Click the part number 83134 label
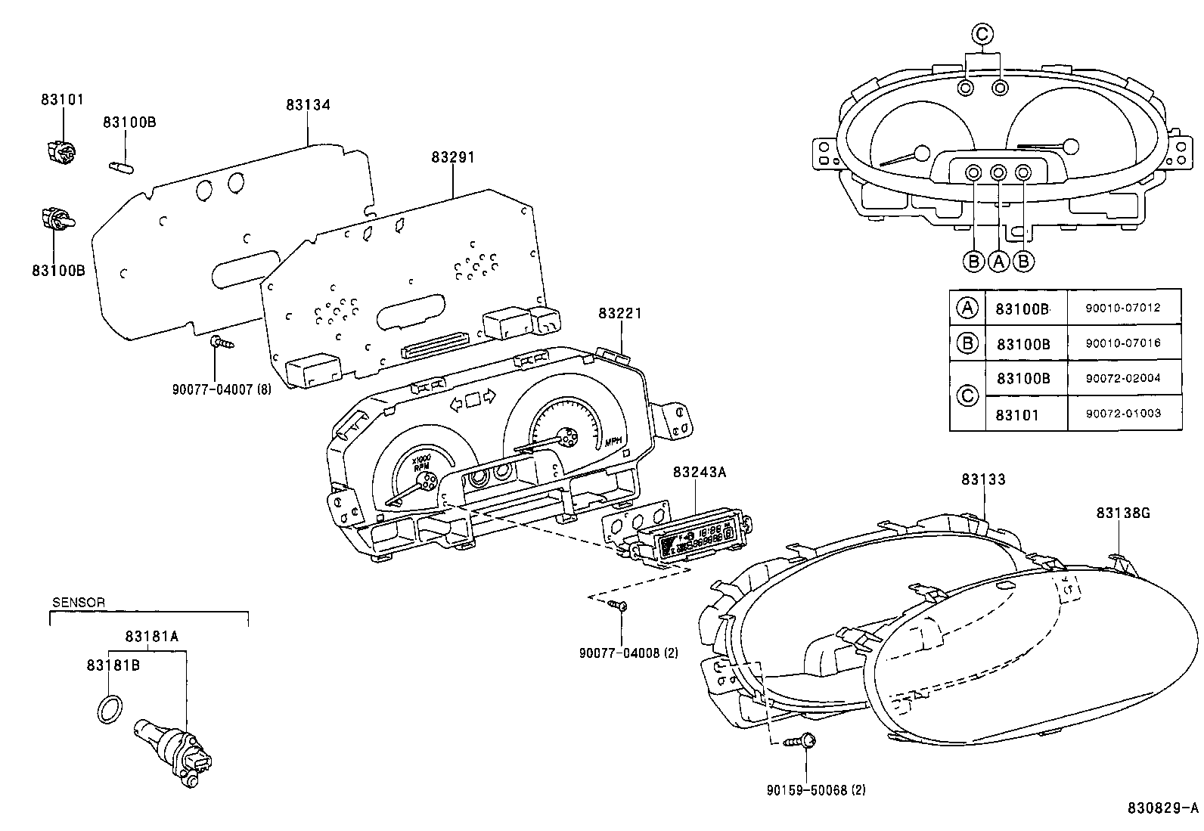pyautogui.click(x=308, y=105)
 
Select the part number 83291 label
pyautogui.click(x=453, y=157)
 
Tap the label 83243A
pyautogui.click(x=699, y=472)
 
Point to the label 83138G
pyautogui.click(x=1123, y=513)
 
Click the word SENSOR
pyautogui.click(x=79, y=603)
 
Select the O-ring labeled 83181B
pyautogui.click(x=109, y=710)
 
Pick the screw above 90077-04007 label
pyautogui.click(x=222, y=343)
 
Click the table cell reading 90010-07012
pyautogui.click(x=1122, y=309)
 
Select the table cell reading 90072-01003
pyautogui.click(x=1122, y=414)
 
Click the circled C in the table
pyautogui.click(x=967, y=395)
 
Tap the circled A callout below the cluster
pyautogui.click(x=999, y=261)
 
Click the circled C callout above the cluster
pyautogui.click(x=982, y=33)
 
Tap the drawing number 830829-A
pyautogui.click(x=1162, y=808)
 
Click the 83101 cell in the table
pyautogui.click(x=1017, y=414)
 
